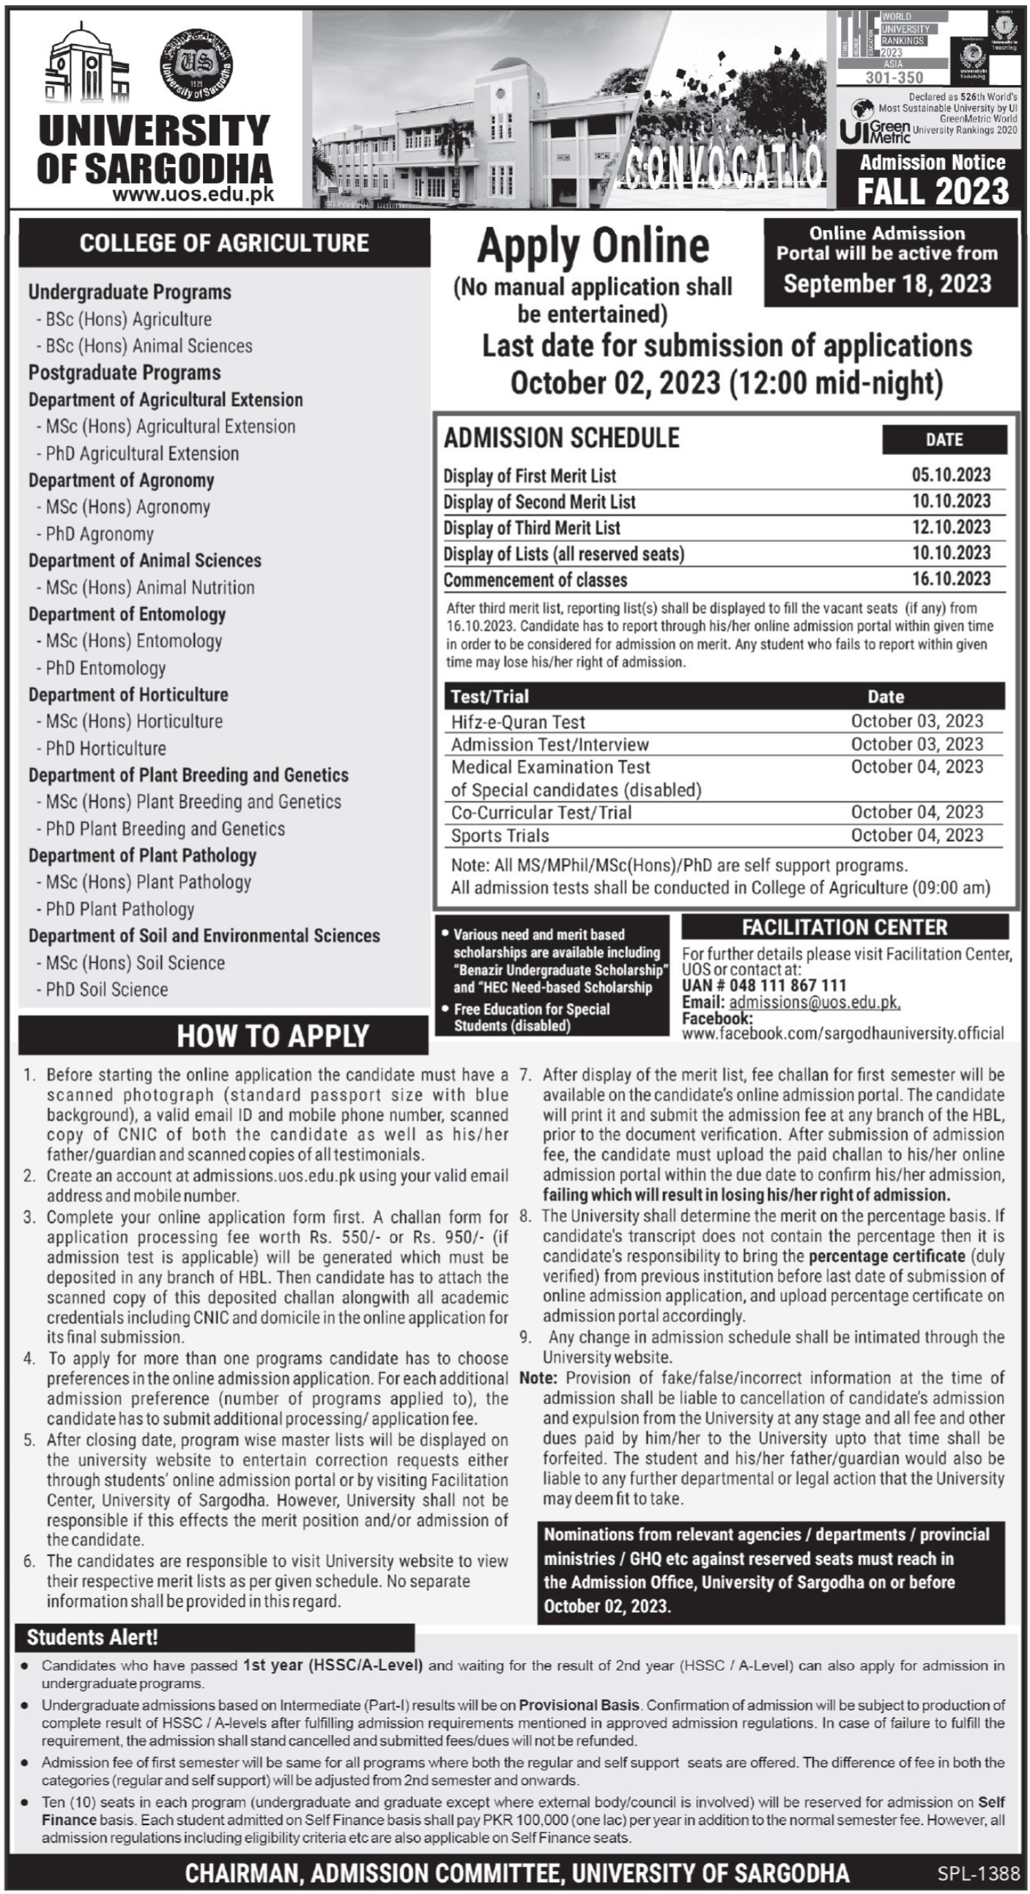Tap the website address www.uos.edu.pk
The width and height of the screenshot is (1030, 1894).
click(193, 195)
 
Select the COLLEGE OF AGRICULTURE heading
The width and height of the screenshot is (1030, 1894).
click(224, 243)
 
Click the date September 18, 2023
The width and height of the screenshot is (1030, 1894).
click(887, 284)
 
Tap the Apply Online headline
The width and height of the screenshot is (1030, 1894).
click(593, 246)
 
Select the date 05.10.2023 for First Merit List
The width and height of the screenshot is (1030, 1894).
click(952, 475)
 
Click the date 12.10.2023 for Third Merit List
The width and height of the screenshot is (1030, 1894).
click(952, 528)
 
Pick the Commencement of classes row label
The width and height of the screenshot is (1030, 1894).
click(536, 580)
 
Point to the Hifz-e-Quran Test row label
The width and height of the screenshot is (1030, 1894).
click(519, 722)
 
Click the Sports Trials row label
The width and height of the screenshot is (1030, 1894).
click(500, 836)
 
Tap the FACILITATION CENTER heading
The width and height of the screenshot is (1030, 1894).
click(845, 928)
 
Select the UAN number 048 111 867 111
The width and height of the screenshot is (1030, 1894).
click(765, 985)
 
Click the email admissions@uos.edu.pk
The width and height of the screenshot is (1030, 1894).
click(814, 1002)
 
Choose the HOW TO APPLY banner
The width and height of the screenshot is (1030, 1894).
click(273, 1036)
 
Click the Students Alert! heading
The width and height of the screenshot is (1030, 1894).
click(92, 1638)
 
